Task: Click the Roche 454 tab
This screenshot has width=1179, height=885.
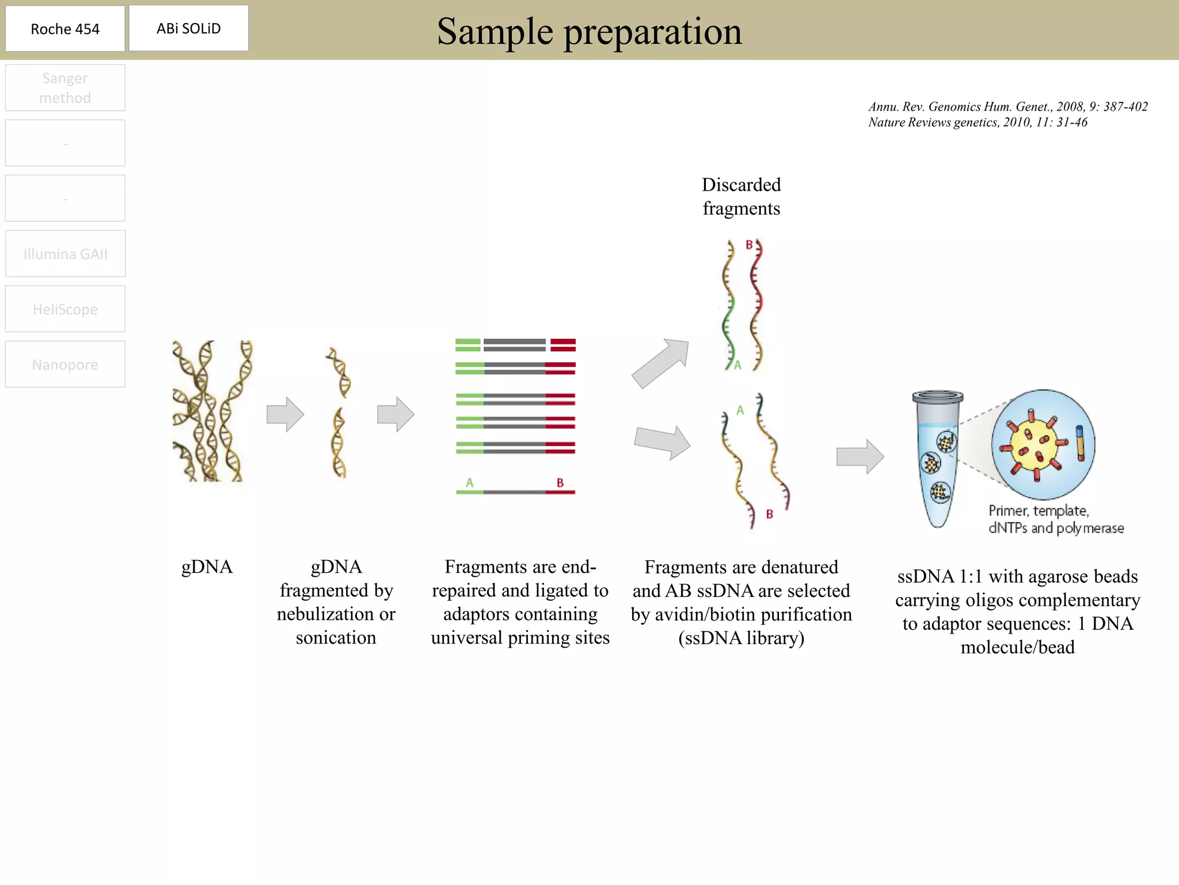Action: click(x=65, y=29)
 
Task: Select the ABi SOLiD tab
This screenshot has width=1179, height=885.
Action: click(x=189, y=28)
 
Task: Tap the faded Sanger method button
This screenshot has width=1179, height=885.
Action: click(x=65, y=88)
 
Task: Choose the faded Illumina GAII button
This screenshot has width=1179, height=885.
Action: click(x=65, y=254)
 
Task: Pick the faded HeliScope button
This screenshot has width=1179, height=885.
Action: click(x=65, y=309)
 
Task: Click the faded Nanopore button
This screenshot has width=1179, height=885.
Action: click(x=65, y=365)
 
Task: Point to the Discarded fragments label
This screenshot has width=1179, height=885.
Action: click(x=741, y=196)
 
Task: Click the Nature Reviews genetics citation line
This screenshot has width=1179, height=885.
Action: click(x=978, y=122)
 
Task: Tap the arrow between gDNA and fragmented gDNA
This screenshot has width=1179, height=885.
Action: click(x=285, y=414)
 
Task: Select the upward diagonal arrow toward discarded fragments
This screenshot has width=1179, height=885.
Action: click(x=661, y=363)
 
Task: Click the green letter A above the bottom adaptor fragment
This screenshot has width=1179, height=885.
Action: click(x=470, y=483)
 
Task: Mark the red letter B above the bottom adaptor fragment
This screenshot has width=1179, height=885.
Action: click(x=560, y=483)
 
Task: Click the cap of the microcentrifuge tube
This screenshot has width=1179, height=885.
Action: click(x=938, y=397)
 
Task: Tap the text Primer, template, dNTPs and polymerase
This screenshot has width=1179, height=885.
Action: click(x=1055, y=519)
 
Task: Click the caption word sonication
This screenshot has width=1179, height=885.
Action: click(x=336, y=638)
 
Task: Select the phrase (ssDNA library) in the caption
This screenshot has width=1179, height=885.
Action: click(x=741, y=638)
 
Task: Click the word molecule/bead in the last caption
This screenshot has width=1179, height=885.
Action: click(x=1017, y=648)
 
